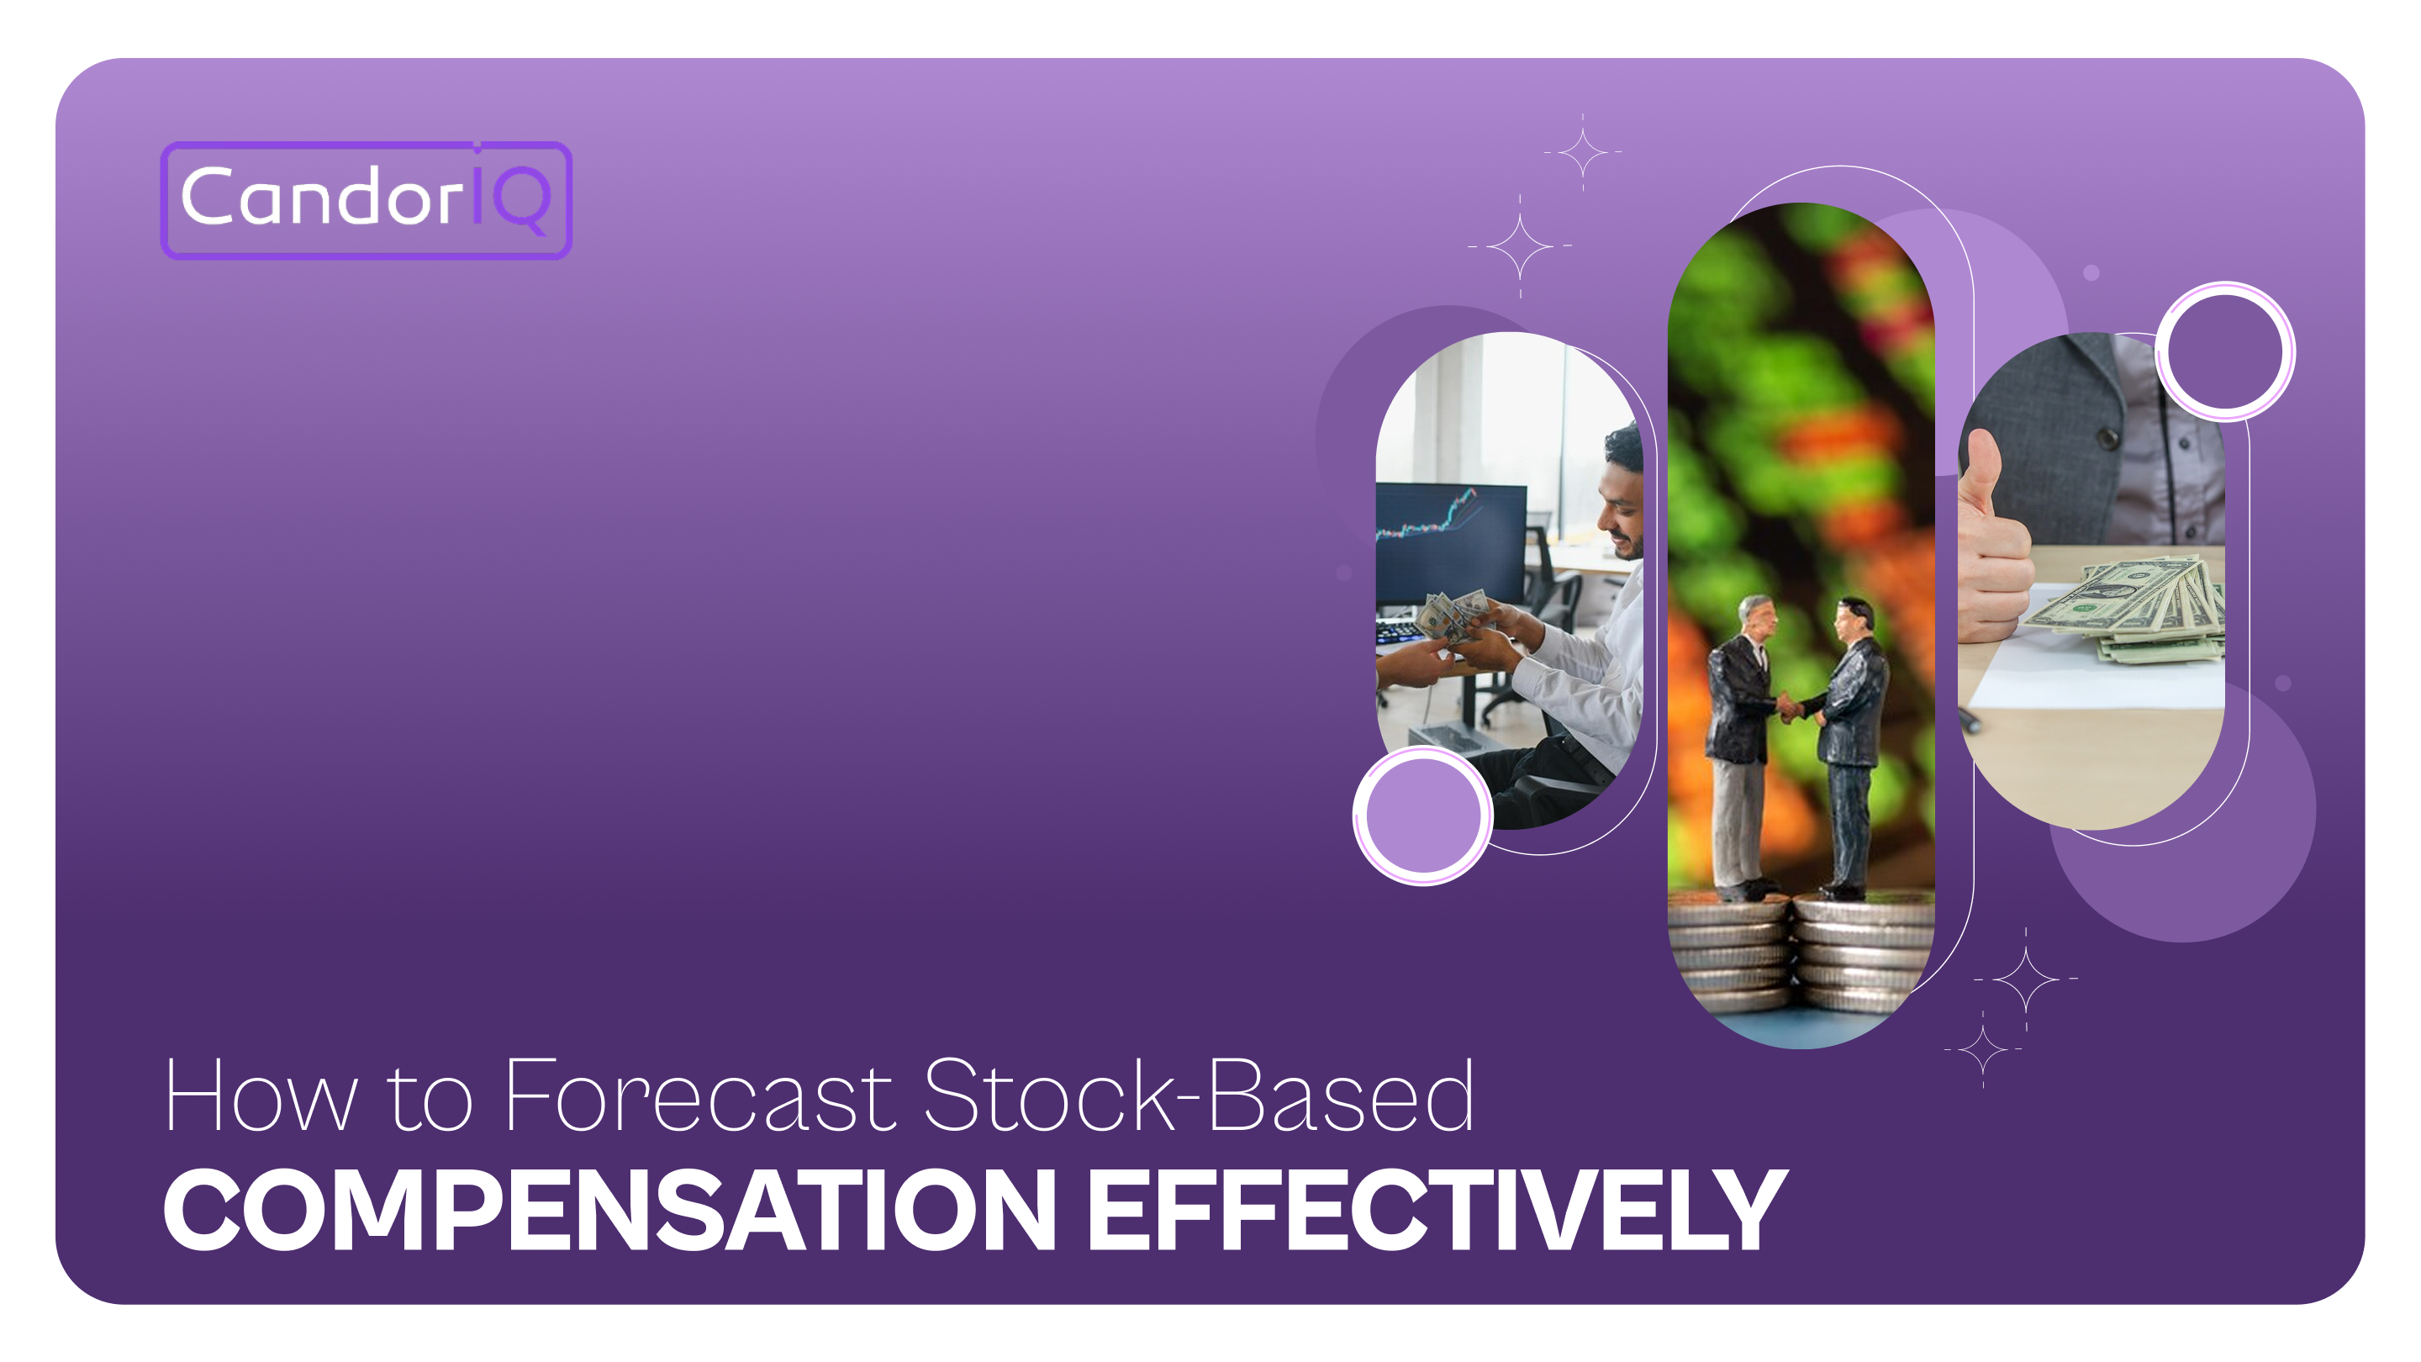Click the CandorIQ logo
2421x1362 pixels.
366,199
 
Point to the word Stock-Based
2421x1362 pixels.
1198,1096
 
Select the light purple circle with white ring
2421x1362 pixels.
1422,815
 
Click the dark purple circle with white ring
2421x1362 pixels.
2224,351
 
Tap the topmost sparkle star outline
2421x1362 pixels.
1582,151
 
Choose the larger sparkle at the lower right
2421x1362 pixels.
2025,979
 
